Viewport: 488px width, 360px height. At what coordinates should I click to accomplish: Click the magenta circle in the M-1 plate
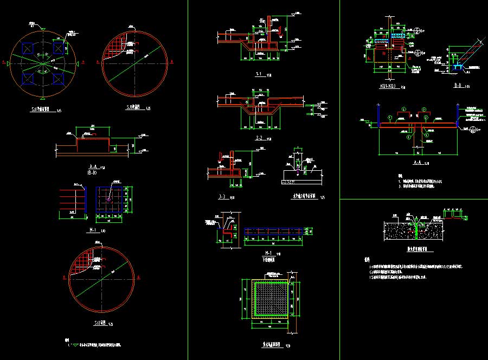coord(108,200)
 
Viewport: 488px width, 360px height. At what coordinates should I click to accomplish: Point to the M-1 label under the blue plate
coord(92,229)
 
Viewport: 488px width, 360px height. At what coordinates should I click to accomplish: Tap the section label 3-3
coord(221,197)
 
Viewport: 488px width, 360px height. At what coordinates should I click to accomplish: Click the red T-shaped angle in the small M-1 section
coord(227,230)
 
